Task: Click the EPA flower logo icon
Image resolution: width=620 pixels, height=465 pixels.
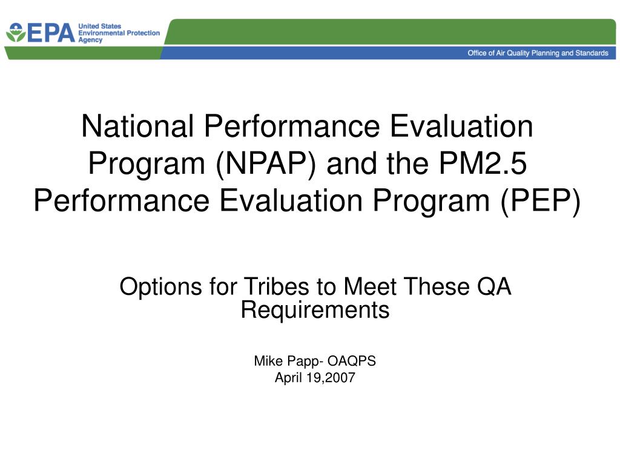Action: [x=16, y=33]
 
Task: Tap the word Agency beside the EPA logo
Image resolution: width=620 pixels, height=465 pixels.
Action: [x=90, y=39]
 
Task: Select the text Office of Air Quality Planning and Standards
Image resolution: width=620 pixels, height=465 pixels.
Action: [x=538, y=53]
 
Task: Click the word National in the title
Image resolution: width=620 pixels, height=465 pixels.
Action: [x=137, y=127]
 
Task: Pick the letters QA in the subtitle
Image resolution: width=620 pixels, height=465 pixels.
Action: [x=494, y=286]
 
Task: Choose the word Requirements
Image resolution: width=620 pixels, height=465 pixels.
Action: [x=315, y=309]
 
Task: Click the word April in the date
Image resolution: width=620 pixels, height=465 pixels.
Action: [x=289, y=378]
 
